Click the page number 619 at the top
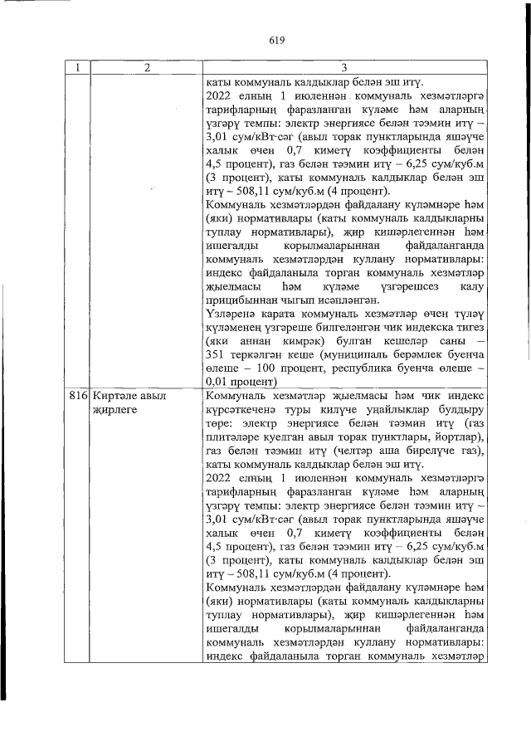coord(276,39)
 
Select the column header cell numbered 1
coord(77,69)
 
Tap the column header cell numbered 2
coord(145,69)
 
